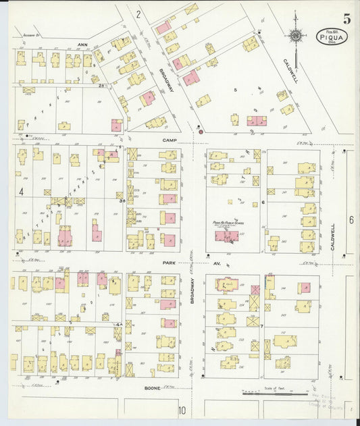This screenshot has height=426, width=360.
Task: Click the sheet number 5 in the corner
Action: [346, 19]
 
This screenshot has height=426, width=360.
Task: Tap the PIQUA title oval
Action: [328, 36]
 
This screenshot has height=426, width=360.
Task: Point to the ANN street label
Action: [83, 45]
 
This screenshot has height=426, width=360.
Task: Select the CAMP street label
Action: [168, 140]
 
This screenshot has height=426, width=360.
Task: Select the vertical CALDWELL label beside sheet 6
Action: [334, 238]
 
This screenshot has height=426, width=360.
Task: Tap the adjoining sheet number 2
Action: [137, 14]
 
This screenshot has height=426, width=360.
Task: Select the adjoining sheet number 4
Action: [22, 192]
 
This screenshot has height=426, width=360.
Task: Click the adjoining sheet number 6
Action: [351, 220]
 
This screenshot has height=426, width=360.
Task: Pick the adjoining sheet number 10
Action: [181, 410]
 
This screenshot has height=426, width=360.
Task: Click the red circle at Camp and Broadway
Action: [201, 132]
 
